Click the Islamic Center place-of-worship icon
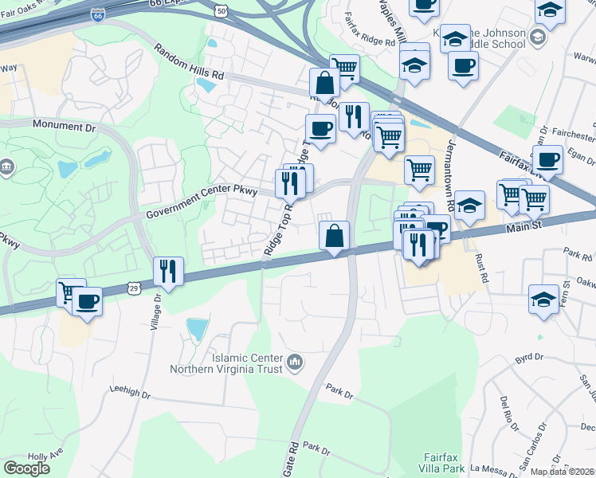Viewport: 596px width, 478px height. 295,363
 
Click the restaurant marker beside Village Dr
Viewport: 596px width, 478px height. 168,271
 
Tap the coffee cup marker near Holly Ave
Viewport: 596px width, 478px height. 87,301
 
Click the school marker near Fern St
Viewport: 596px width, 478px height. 544,300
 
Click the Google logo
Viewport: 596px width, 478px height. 26,468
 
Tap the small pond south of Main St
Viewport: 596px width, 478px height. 195,327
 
